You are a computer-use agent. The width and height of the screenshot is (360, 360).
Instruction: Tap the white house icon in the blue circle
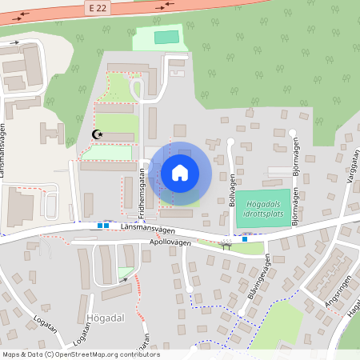tap(180, 172)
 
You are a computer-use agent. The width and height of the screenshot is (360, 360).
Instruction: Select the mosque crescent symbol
tap(98, 134)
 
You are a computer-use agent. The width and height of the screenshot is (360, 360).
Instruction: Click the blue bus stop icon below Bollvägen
tap(245, 238)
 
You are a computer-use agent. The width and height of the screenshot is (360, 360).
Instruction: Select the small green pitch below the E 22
tap(166, 37)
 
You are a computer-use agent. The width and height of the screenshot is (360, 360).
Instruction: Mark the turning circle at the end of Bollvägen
tap(230, 142)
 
